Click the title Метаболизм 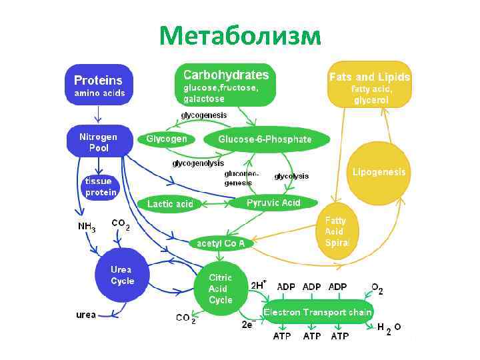tap(240, 35)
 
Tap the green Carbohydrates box tap(226, 85)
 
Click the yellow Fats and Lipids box tap(369, 85)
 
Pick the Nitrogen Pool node tap(99, 141)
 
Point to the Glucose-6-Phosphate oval tap(265, 139)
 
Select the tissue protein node tap(100, 187)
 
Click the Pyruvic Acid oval tap(273, 203)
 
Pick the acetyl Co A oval tap(220, 243)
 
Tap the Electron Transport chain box tap(318, 312)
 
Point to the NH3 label tap(87, 227)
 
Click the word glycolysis tap(291, 176)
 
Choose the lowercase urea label tap(86, 314)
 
